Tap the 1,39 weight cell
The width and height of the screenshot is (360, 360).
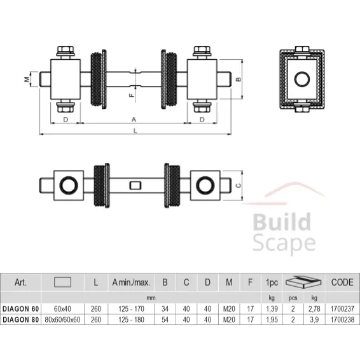(272, 308)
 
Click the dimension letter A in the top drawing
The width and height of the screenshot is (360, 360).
(134, 119)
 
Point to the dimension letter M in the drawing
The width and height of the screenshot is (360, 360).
(27, 80)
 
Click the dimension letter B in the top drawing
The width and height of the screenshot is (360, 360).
(238, 80)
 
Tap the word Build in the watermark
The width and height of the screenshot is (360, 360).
(282, 223)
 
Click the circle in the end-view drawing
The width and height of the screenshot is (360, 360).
(302, 80)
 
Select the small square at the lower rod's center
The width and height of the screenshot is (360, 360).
(134, 186)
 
